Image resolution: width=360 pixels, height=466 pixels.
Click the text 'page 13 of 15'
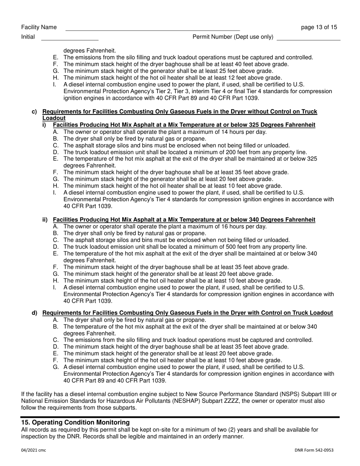click(x=319, y=27)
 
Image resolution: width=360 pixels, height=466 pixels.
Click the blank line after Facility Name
click(x=152, y=30)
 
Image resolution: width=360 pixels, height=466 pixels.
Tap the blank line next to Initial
click(x=69, y=39)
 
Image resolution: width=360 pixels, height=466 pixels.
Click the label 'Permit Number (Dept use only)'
click(x=233, y=37)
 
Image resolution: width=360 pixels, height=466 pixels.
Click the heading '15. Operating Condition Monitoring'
click(x=75, y=422)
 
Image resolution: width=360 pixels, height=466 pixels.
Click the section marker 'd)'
click(x=34, y=313)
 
